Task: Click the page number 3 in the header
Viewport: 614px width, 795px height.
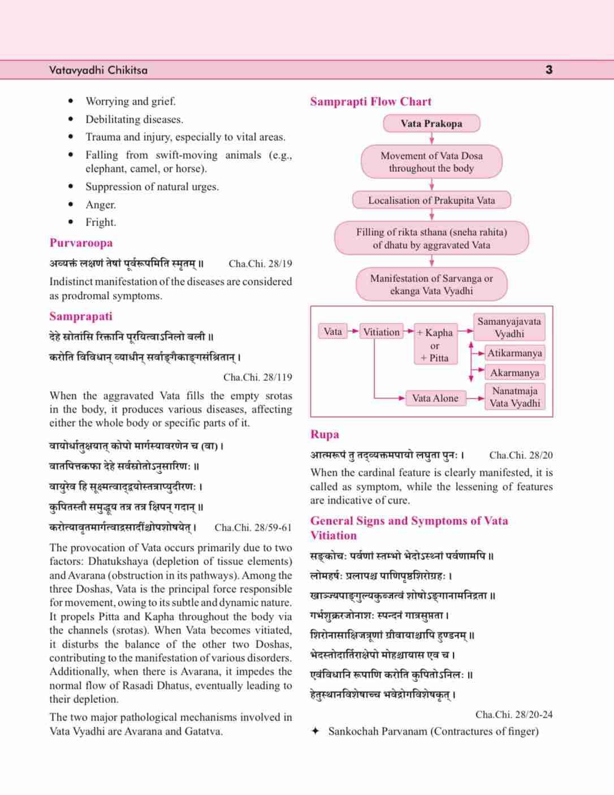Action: tap(548, 70)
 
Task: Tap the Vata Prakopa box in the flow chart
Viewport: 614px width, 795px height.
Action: tap(431, 123)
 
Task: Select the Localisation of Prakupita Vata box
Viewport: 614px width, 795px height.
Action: tap(431, 200)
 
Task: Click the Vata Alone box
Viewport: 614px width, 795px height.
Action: tap(435, 398)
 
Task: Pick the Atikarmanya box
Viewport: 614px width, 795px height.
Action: tap(514, 353)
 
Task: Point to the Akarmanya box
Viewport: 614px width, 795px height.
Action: tap(514, 372)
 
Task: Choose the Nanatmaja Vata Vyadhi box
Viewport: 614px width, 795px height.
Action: tap(514, 397)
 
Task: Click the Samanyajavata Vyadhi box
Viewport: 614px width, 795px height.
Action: tap(509, 327)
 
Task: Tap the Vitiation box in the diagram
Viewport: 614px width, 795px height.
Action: tap(381, 332)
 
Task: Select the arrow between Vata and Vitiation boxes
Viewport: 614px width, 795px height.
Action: tap(352, 332)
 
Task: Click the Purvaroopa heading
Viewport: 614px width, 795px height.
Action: tap(81, 243)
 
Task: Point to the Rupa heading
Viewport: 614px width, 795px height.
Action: tap(325, 434)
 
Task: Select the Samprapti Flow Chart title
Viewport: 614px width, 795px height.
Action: tap(370, 102)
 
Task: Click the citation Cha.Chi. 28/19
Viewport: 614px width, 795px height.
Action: tap(260, 263)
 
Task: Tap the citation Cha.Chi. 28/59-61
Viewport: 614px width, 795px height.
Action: tap(253, 527)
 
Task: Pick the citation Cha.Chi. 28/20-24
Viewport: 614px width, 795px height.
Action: tap(514, 714)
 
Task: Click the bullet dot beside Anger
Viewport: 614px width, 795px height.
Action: tap(71, 205)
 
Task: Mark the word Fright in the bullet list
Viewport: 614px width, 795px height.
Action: tap(101, 222)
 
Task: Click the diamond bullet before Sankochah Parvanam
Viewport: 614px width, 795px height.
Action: tap(315, 731)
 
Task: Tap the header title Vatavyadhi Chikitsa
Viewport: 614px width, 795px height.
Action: tap(98, 70)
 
